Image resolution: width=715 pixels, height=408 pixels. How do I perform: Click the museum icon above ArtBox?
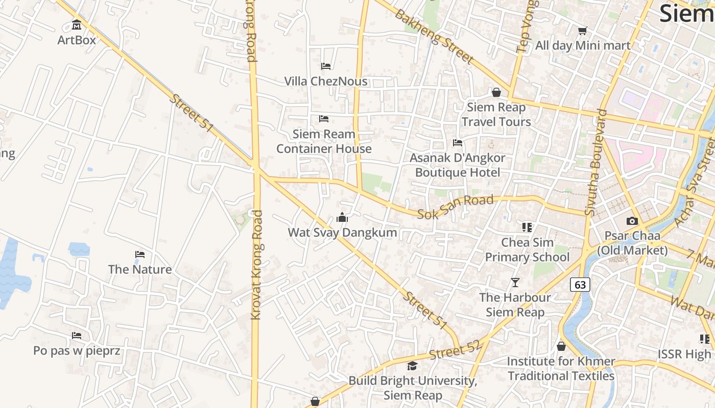(77, 24)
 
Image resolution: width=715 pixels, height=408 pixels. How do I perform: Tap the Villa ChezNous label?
(325, 81)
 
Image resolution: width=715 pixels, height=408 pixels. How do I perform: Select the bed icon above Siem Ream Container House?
(323, 119)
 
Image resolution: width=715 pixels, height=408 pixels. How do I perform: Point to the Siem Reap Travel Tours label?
(496, 114)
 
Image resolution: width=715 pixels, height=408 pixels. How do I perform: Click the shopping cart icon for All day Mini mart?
(582, 31)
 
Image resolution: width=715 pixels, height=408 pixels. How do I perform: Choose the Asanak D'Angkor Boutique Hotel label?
(457, 165)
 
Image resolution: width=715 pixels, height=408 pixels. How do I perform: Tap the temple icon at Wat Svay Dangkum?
(342, 218)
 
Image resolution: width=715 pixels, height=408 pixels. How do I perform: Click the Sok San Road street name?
(455, 207)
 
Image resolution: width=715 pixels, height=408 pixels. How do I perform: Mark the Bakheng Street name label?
(434, 36)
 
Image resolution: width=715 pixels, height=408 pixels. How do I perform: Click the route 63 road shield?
(580, 285)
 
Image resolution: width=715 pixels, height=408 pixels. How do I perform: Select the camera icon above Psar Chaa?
(632, 221)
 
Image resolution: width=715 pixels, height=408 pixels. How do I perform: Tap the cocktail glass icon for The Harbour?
(515, 282)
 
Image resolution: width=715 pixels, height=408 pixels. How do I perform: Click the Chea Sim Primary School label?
(527, 249)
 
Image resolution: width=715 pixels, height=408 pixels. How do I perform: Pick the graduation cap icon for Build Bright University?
(412, 366)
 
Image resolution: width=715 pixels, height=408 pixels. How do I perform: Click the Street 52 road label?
(455, 350)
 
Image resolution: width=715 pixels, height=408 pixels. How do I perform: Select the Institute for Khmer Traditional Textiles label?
(561, 368)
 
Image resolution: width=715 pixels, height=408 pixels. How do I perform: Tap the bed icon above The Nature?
(139, 254)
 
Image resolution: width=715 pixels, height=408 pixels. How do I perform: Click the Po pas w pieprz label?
(77, 350)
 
